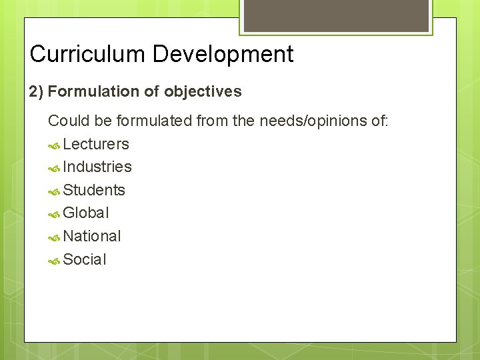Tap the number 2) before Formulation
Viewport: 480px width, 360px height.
[36, 91]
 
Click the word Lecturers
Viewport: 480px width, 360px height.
[96, 144]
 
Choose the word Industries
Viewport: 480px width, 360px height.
[97, 167]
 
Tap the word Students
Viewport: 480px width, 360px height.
[94, 190]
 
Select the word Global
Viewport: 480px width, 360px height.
[86, 213]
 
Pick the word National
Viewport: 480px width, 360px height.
[92, 236]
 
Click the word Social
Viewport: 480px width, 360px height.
[85, 259]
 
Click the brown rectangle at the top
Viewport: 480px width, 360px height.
[335, 15]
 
